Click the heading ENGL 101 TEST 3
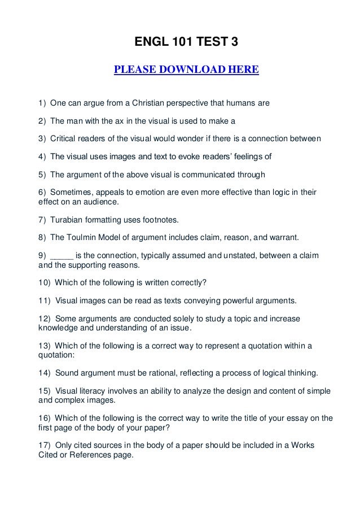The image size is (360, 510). click(186, 42)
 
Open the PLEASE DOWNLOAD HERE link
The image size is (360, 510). click(186, 70)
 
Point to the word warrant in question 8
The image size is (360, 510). click(271, 237)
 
